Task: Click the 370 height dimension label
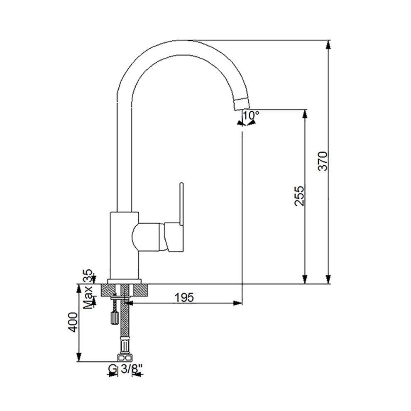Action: click(x=323, y=161)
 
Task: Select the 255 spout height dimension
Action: click(x=299, y=196)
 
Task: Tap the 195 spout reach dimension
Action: click(x=184, y=297)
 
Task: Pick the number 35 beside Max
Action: click(x=88, y=276)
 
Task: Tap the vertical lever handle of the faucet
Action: click(x=181, y=204)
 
